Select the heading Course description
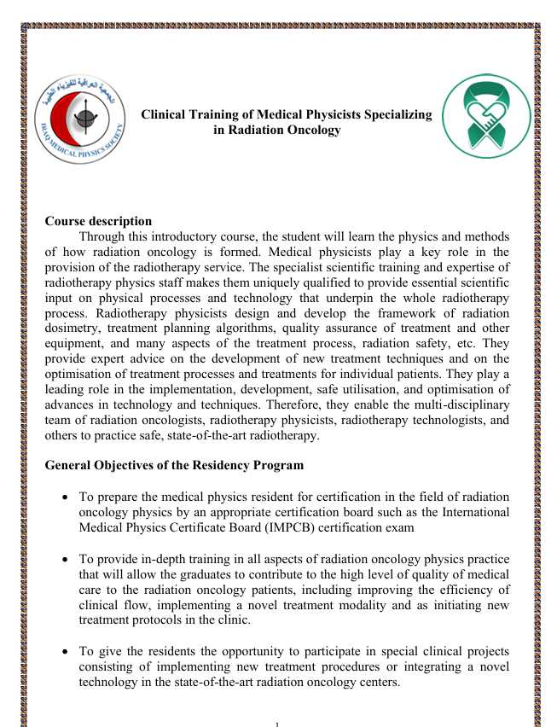point(98,222)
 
